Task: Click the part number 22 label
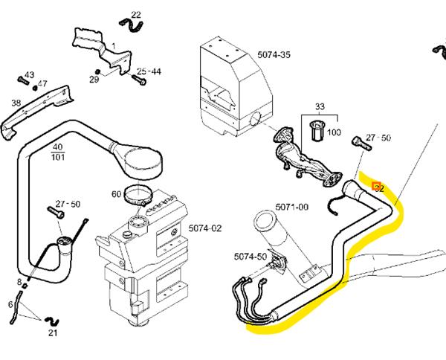point(135,15)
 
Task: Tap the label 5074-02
point(205,228)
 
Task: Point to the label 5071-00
point(292,206)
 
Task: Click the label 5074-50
point(249,257)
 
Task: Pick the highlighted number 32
point(378,187)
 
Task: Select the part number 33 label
point(320,106)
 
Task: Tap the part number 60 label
point(116,194)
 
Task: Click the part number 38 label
point(16,103)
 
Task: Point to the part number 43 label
point(30,75)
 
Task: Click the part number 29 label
point(95,80)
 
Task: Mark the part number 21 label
point(52,332)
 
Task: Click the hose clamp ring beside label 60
point(138,196)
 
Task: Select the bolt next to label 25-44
point(138,77)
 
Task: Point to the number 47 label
point(42,83)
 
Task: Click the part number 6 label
point(10,304)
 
